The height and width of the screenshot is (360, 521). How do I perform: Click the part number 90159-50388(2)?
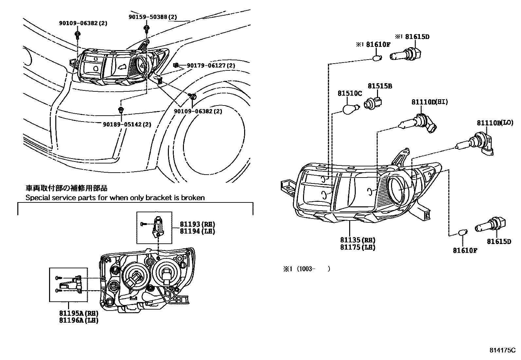(152, 17)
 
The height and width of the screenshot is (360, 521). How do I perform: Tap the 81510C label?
(350, 94)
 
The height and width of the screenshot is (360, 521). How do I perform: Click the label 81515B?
(380, 86)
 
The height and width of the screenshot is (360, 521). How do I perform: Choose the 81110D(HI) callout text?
(430, 102)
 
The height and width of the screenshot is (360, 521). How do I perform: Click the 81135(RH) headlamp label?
(357, 240)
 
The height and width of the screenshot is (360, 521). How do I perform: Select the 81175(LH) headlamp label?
(357, 247)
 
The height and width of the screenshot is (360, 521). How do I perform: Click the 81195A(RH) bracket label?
(79, 313)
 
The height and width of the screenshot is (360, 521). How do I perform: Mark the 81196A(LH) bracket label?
(79, 320)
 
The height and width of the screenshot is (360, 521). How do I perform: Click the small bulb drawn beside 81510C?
(351, 108)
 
